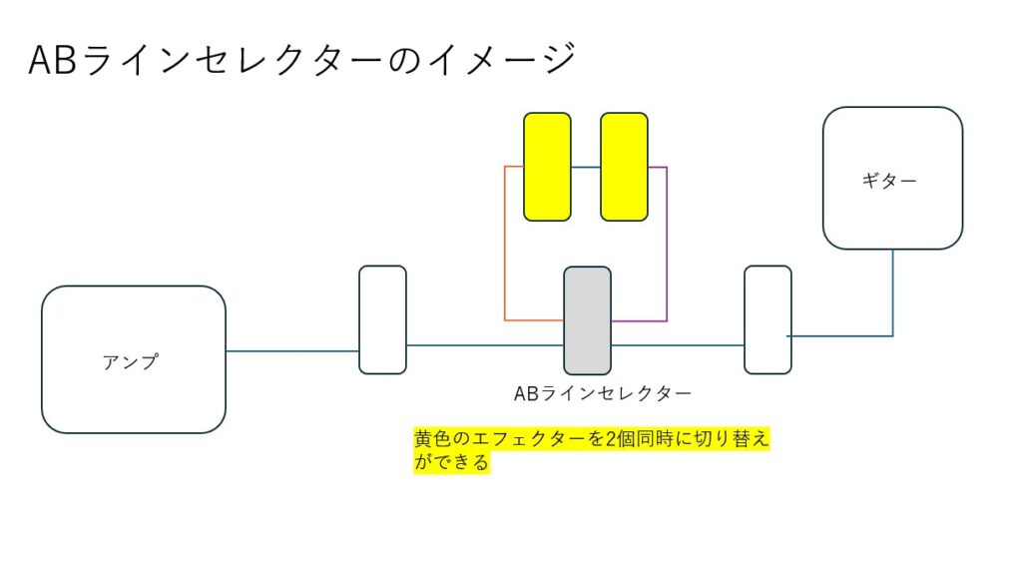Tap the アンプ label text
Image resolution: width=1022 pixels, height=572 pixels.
130,362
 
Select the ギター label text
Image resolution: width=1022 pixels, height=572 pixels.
888,181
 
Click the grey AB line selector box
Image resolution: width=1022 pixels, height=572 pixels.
587,319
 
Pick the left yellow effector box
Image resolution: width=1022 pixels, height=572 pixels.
547,167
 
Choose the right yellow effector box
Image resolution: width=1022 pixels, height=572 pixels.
624,167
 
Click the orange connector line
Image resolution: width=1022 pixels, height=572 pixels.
505,250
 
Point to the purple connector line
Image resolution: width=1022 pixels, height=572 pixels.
666,250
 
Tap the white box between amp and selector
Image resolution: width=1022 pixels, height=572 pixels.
382,319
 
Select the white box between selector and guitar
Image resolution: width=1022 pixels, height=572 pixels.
767,319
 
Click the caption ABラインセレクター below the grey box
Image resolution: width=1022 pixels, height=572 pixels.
602,393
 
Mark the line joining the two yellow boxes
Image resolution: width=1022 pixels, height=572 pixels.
586,167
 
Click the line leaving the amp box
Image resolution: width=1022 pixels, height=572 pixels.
291,350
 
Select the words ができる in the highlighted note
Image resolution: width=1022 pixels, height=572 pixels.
452,463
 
